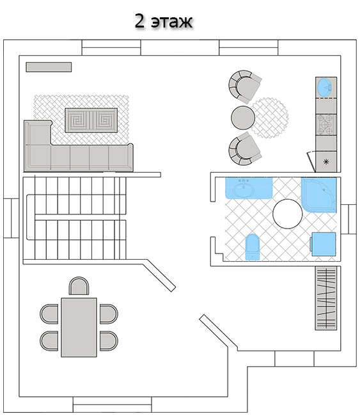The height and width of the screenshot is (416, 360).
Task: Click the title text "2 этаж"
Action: click(x=163, y=21)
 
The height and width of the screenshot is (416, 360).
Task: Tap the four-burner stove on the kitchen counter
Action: click(x=326, y=125)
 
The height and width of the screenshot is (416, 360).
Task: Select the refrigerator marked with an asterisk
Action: click(x=326, y=161)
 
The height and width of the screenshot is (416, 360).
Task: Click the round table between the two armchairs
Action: click(x=243, y=118)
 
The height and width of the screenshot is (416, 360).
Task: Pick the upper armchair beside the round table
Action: click(x=244, y=86)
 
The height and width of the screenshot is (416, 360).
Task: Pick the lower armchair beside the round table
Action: click(x=244, y=149)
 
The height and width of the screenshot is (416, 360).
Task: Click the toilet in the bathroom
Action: click(x=253, y=247)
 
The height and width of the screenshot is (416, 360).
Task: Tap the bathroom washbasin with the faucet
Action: click(x=249, y=188)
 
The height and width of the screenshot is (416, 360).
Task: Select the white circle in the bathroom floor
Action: click(x=287, y=214)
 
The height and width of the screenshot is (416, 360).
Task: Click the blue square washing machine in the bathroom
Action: click(x=323, y=244)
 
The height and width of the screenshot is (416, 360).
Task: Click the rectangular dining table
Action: click(x=79, y=328)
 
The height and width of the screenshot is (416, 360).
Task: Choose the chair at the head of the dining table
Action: click(x=79, y=286)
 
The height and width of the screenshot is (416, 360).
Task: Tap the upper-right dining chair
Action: click(x=109, y=314)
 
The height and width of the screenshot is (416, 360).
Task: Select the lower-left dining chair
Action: click(x=49, y=340)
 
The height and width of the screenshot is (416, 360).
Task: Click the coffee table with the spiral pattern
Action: click(x=91, y=120)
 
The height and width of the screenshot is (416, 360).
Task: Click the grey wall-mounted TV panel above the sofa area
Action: click(x=49, y=67)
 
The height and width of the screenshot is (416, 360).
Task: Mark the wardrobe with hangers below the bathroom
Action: click(x=326, y=298)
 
